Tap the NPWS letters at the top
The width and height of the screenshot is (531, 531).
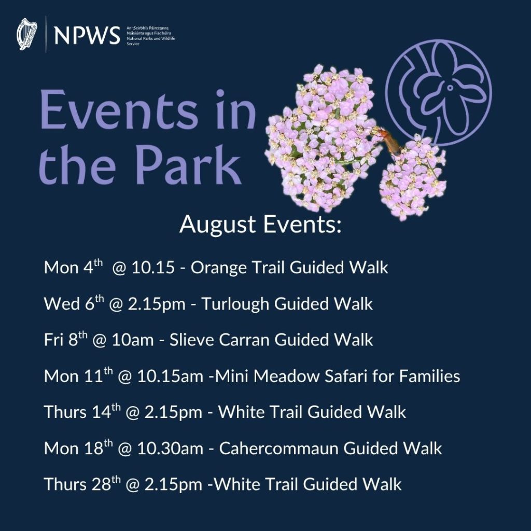point(87,35)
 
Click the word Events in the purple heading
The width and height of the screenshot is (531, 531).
point(119,110)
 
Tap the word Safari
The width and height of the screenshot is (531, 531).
point(352,376)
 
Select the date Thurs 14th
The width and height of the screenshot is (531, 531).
point(76,412)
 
